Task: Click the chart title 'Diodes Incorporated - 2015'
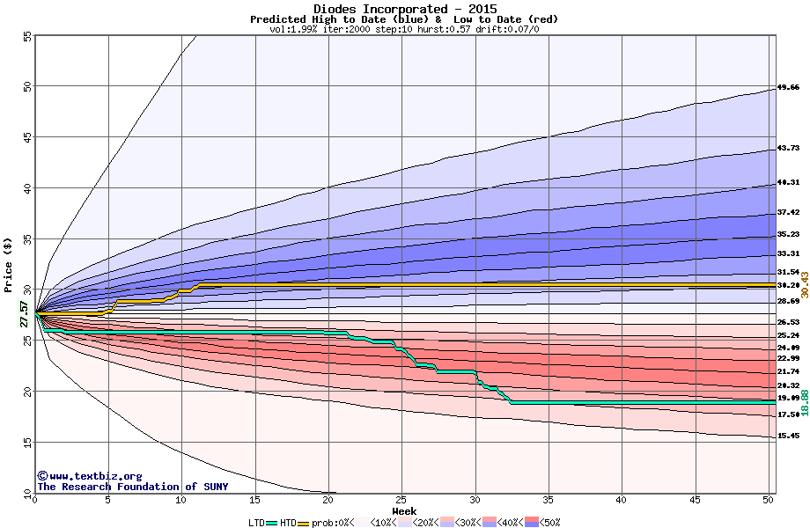[x=404, y=9]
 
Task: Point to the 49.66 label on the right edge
[x=788, y=88]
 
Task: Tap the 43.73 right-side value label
[x=788, y=148]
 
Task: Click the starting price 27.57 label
[x=25, y=314]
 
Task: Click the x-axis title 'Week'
[x=404, y=511]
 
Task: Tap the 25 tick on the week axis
[x=401, y=500]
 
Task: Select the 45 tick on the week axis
[x=695, y=500]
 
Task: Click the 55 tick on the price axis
[x=26, y=36]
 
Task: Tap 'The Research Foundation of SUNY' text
[x=132, y=487]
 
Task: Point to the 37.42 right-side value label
[x=788, y=212]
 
